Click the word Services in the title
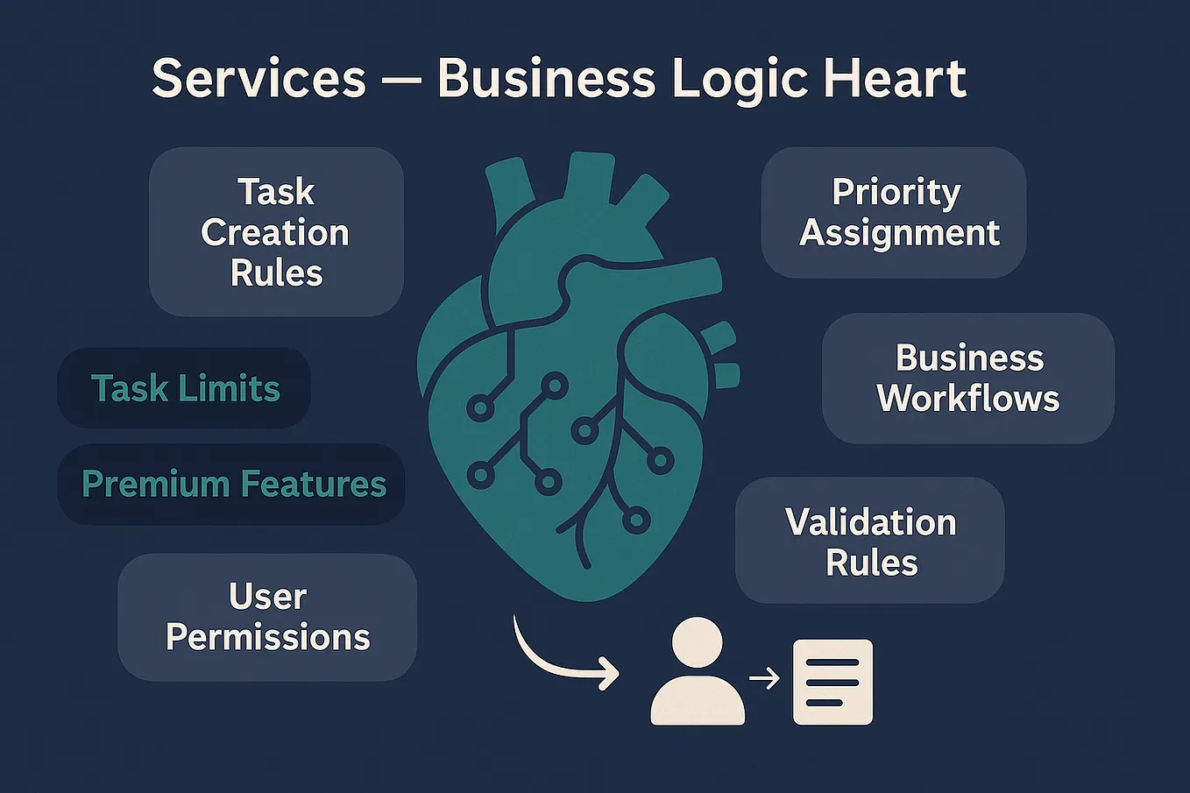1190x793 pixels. (259, 79)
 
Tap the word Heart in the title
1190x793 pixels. (895, 79)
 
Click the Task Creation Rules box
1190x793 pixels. (276, 232)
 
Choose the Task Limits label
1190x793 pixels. (184, 387)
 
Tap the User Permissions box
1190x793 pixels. (267, 617)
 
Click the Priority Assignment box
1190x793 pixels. (894, 212)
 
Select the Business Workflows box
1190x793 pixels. (968, 379)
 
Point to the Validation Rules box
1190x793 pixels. (869, 540)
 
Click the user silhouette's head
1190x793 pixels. (697, 641)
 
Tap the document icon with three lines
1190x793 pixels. (832, 682)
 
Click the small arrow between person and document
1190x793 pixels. (764, 678)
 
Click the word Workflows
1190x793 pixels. (968, 399)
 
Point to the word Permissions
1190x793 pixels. (268, 637)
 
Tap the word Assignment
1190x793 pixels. (899, 234)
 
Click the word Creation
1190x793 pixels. (275, 232)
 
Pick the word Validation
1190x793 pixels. (871, 522)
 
